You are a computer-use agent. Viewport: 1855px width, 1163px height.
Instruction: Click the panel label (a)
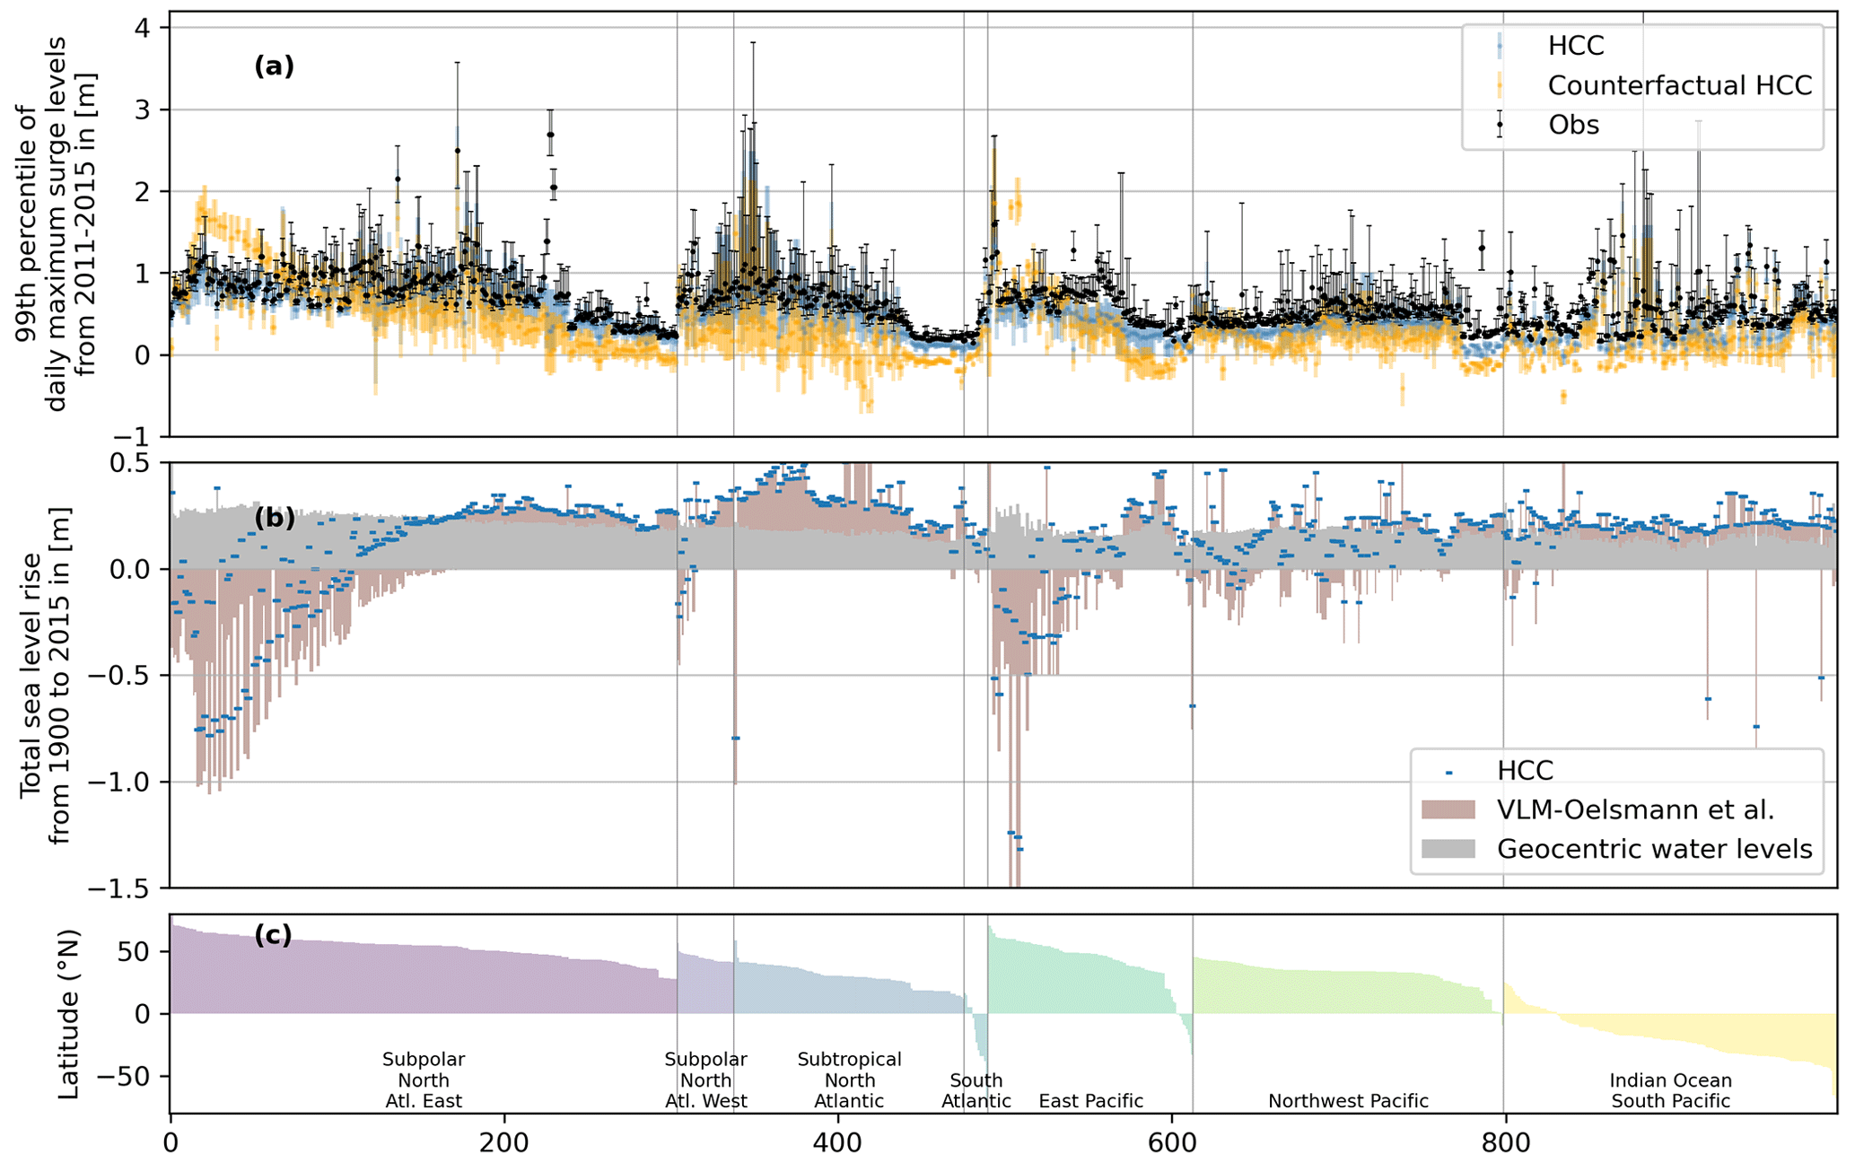(274, 66)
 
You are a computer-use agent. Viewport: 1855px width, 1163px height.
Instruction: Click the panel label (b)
(274, 518)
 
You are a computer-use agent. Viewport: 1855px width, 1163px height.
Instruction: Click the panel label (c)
(274, 935)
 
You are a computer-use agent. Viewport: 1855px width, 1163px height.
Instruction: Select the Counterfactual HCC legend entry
(1679, 85)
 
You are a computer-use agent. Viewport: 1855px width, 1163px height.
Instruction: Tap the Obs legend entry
(1573, 125)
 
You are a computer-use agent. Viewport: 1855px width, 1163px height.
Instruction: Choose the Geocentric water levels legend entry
(1654, 849)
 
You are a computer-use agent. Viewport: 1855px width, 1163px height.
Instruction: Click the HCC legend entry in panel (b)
(1525, 771)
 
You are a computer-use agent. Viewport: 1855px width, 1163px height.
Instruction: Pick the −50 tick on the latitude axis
(133, 1076)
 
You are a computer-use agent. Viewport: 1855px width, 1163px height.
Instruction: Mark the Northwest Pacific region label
(1348, 1101)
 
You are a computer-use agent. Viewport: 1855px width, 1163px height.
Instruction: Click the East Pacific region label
(1091, 1101)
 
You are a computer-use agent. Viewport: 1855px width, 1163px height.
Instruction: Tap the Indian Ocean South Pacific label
(1670, 1091)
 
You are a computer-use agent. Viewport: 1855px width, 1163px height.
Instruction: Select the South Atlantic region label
(976, 1091)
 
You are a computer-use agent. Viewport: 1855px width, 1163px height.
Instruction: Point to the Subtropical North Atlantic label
(849, 1080)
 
